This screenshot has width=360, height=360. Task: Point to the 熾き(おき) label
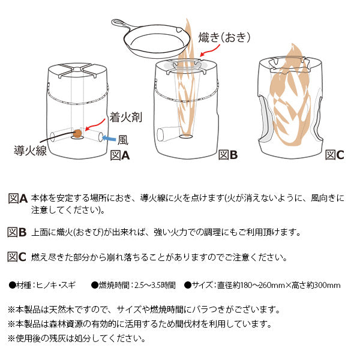(223, 37)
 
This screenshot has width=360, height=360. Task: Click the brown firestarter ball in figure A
(77, 133)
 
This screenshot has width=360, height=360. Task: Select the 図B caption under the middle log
(227, 155)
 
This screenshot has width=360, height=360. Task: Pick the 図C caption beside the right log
(334, 155)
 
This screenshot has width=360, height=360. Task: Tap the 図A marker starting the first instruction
(17, 198)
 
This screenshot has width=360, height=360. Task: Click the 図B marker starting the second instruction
(17, 232)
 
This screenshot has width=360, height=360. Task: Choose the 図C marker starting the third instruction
(17, 257)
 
